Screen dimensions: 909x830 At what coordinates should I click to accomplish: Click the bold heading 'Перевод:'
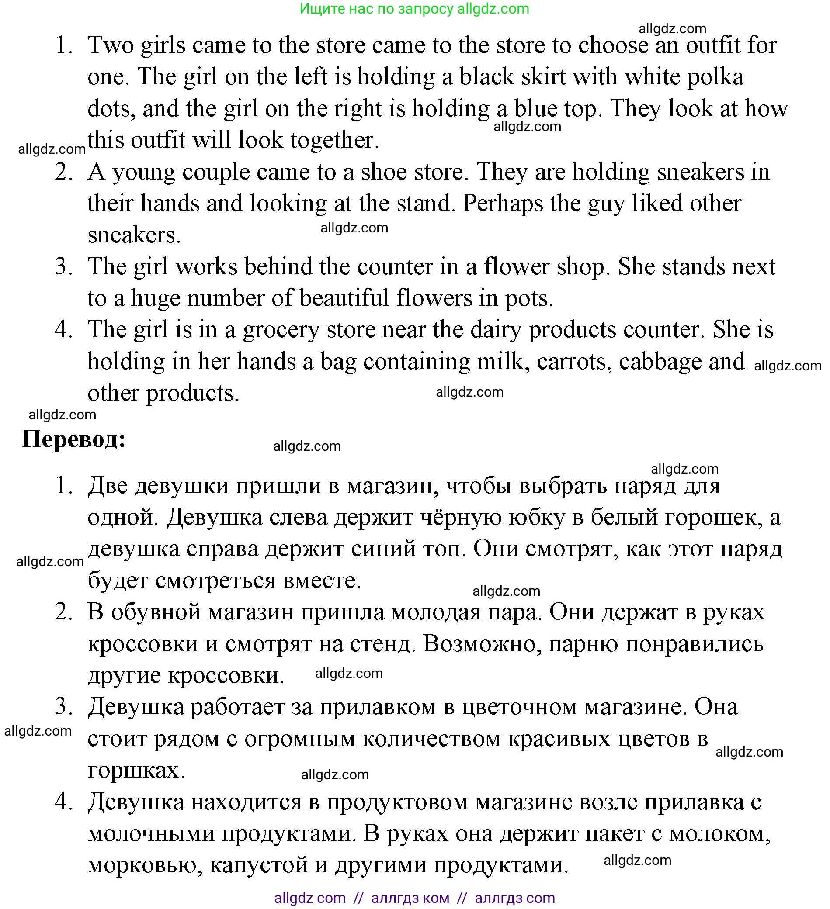click(x=74, y=439)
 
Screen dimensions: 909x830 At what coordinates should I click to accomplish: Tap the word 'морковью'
click(x=144, y=865)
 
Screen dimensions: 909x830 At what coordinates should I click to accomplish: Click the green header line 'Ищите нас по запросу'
click(x=377, y=9)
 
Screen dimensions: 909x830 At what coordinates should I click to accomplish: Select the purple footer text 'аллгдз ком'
click(x=410, y=898)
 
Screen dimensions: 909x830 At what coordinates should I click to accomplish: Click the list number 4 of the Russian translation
click(x=64, y=802)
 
